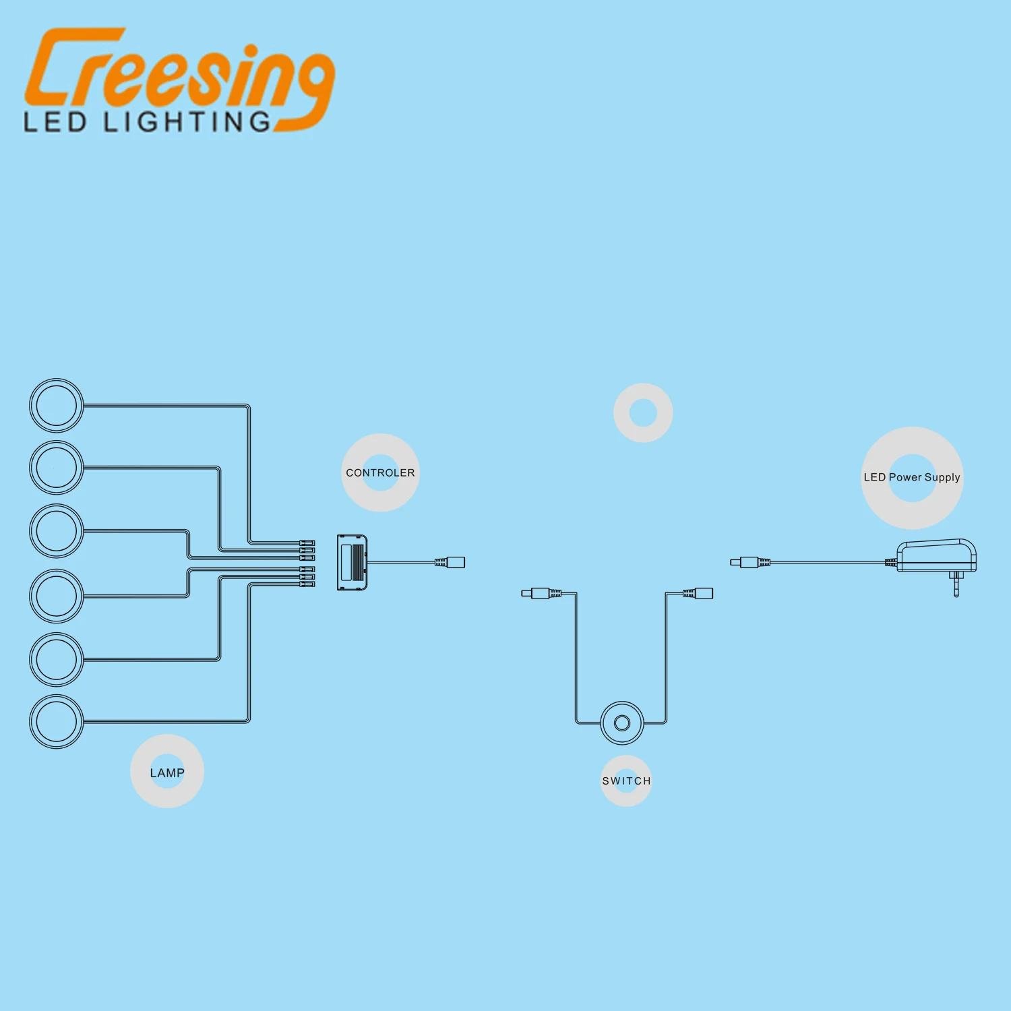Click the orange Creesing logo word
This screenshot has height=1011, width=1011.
coord(179,71)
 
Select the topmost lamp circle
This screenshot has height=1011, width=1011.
coord(57,406)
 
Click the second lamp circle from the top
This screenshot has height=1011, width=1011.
coord(57,468)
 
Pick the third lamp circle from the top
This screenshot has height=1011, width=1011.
coord(57,531)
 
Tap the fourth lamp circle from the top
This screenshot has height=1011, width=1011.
coord(57,596)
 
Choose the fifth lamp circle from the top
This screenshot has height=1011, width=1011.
coord(57,659)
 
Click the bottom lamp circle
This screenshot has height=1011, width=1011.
coord(57,721)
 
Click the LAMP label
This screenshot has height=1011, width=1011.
coord(167,772)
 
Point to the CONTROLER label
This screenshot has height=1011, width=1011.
coord(380,473)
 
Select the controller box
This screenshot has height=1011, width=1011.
coord(352,563)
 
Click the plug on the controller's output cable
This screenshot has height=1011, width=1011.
coord(452,561)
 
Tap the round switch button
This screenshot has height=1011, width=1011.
coord(622,723)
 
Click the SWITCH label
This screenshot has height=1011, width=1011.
coord(626,781)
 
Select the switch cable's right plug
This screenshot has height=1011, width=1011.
coord(699,593)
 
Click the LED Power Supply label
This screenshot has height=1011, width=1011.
coord(912,477)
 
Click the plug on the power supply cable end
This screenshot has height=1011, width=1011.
coord(748,561)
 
